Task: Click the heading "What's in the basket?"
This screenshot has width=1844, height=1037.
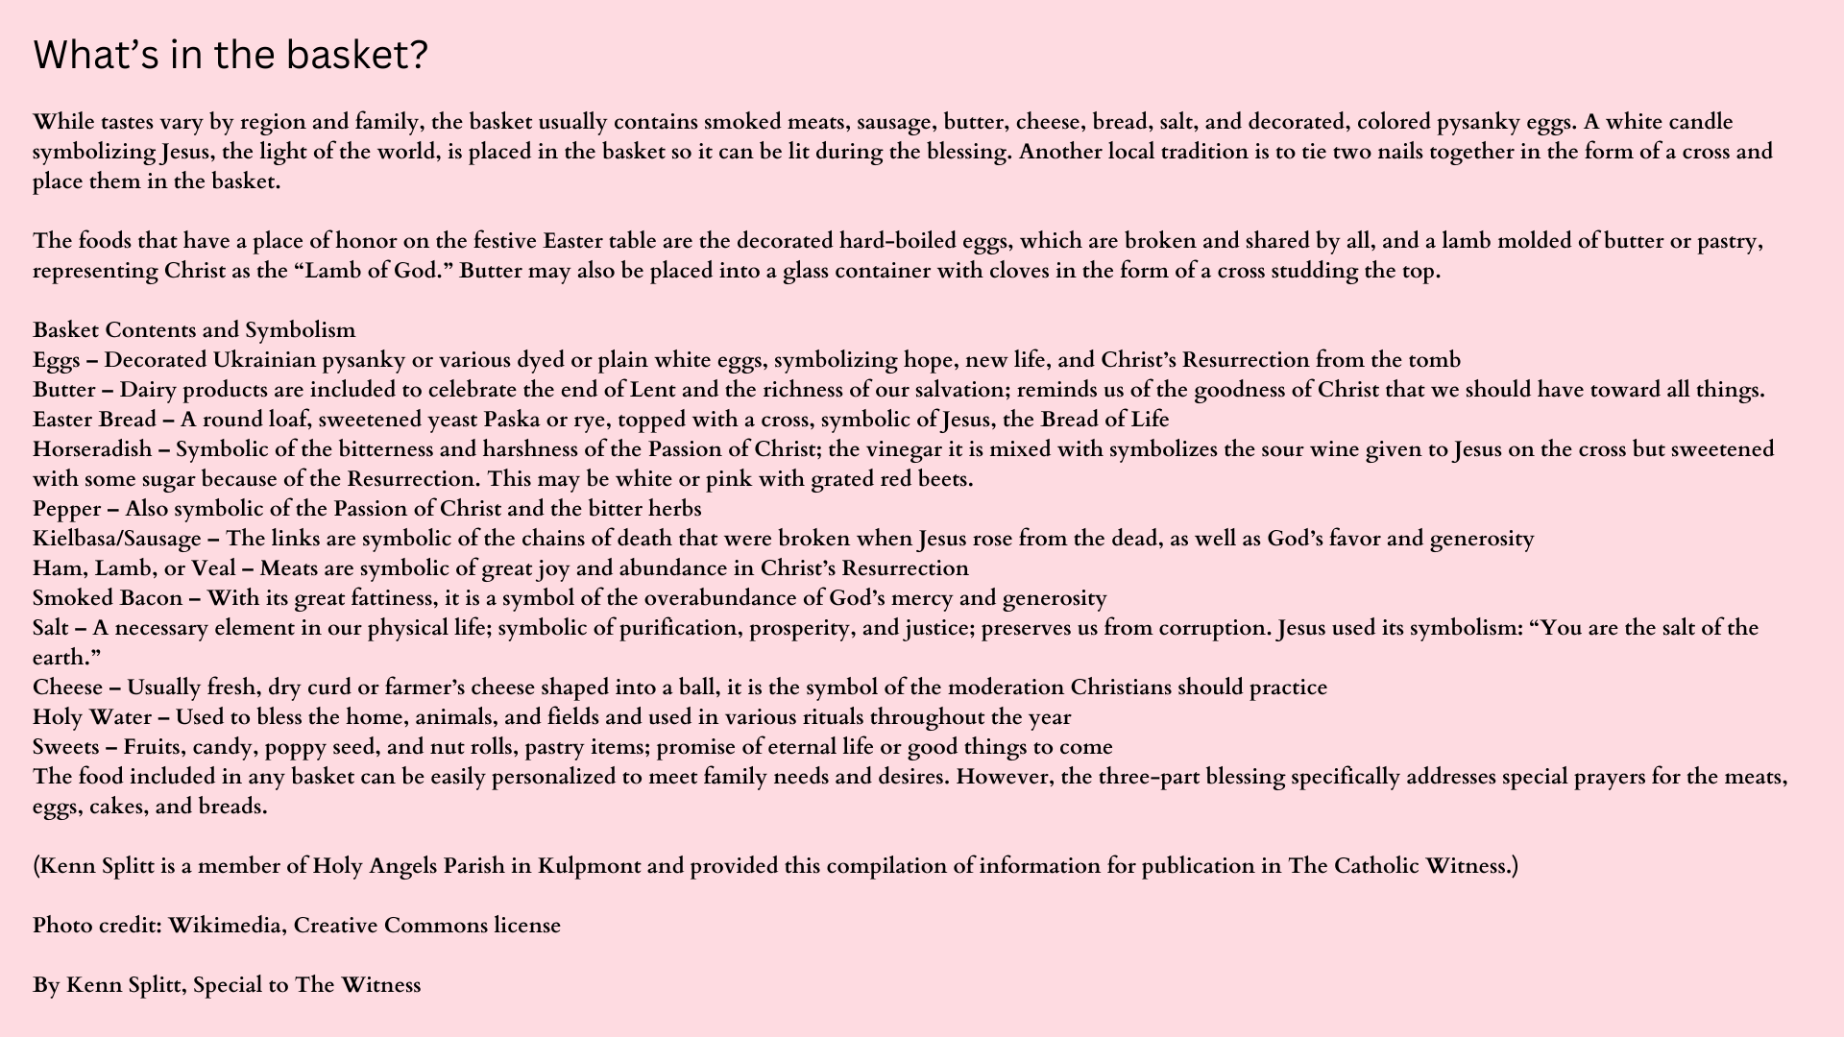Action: tap(230, 56)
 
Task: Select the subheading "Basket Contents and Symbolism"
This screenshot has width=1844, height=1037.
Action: tap(194, 330)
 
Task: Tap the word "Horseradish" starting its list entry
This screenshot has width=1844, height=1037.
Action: tap(92, 449)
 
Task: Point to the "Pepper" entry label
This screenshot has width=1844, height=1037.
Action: tap(66, 509)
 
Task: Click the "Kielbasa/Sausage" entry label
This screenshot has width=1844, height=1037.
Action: tap(117, 539)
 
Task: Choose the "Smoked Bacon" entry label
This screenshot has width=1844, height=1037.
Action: tap(108, 598)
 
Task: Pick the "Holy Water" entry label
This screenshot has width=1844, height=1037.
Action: tap(92, 717)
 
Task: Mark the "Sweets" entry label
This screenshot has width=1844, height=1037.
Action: tap(65, 747)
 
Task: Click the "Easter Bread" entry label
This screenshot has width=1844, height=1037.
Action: tap(94, 420)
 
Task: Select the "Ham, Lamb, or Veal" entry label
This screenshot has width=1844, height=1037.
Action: tap(134, 568)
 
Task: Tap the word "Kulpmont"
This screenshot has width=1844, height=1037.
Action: tap(589, 866)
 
